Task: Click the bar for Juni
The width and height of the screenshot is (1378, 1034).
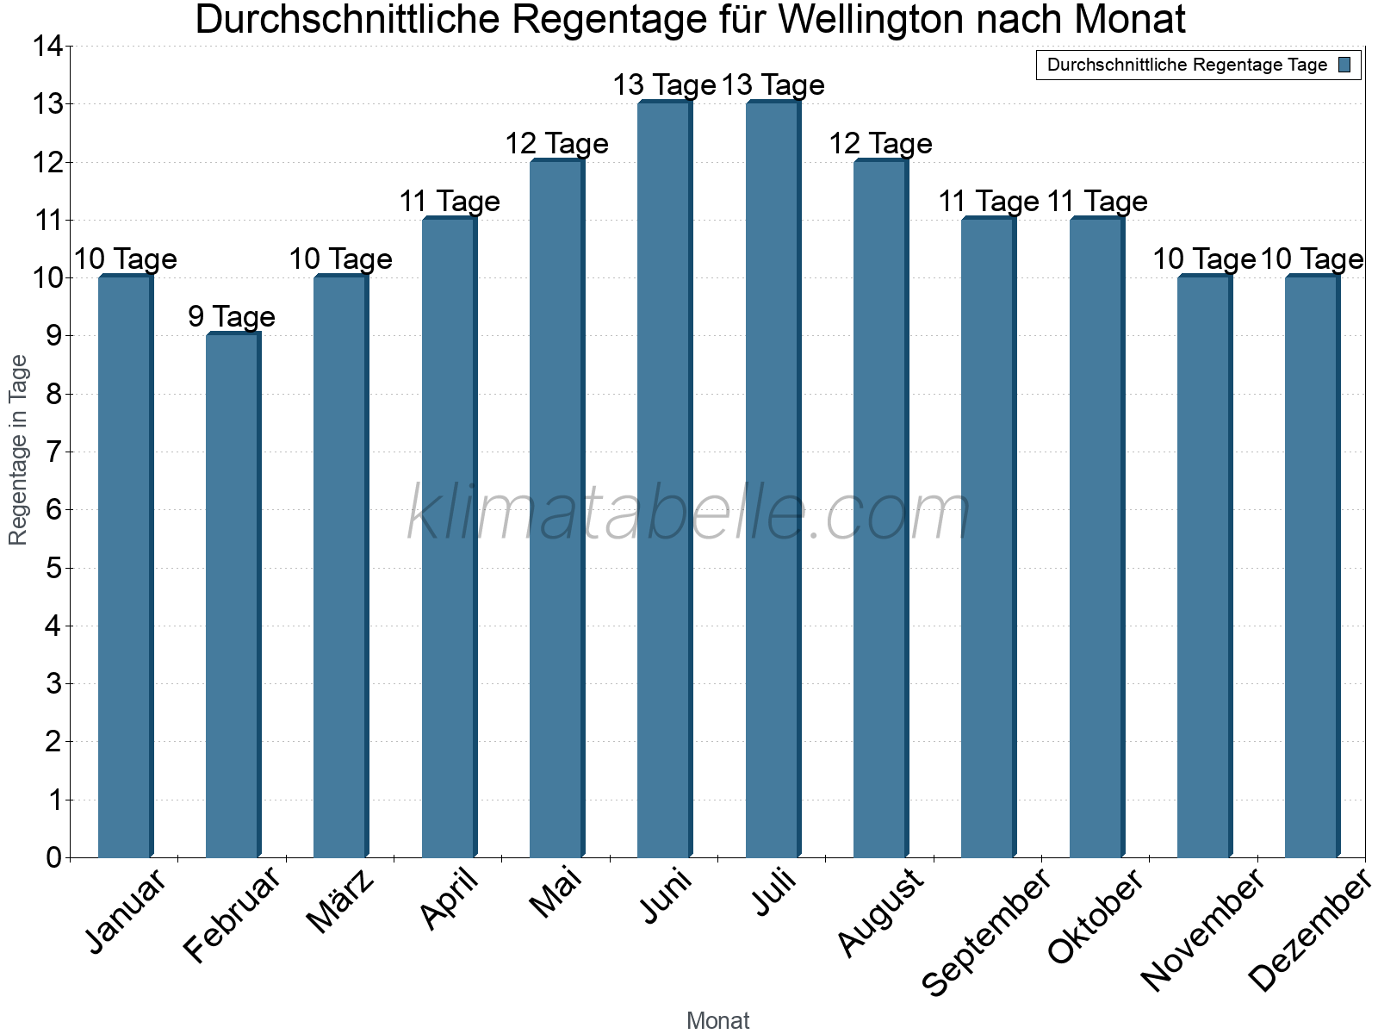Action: pos(664,479)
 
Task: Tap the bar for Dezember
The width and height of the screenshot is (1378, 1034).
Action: pos(1312,566)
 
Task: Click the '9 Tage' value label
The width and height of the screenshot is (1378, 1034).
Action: pos(232,317)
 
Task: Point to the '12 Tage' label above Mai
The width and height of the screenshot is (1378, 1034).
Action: pos(556,144)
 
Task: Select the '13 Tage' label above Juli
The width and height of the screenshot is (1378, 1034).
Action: pos(773,85)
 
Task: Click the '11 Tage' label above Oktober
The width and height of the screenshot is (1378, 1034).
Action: pos(1097,202)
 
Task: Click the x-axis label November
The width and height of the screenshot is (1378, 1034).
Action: pos(1203,929)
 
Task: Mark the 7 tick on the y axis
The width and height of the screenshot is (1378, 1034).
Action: pos(54,452)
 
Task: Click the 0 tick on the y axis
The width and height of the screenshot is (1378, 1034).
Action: pos(54,857)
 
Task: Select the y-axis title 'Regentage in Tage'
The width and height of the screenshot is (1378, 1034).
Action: pos(19,450)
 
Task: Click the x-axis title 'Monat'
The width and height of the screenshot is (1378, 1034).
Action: pos(717,1021)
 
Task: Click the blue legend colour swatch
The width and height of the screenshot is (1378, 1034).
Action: pos(1345,65)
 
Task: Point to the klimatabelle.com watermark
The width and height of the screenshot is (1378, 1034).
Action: pos(689,514)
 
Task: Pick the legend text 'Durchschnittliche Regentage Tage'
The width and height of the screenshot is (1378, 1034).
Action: pos(1187,65)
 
